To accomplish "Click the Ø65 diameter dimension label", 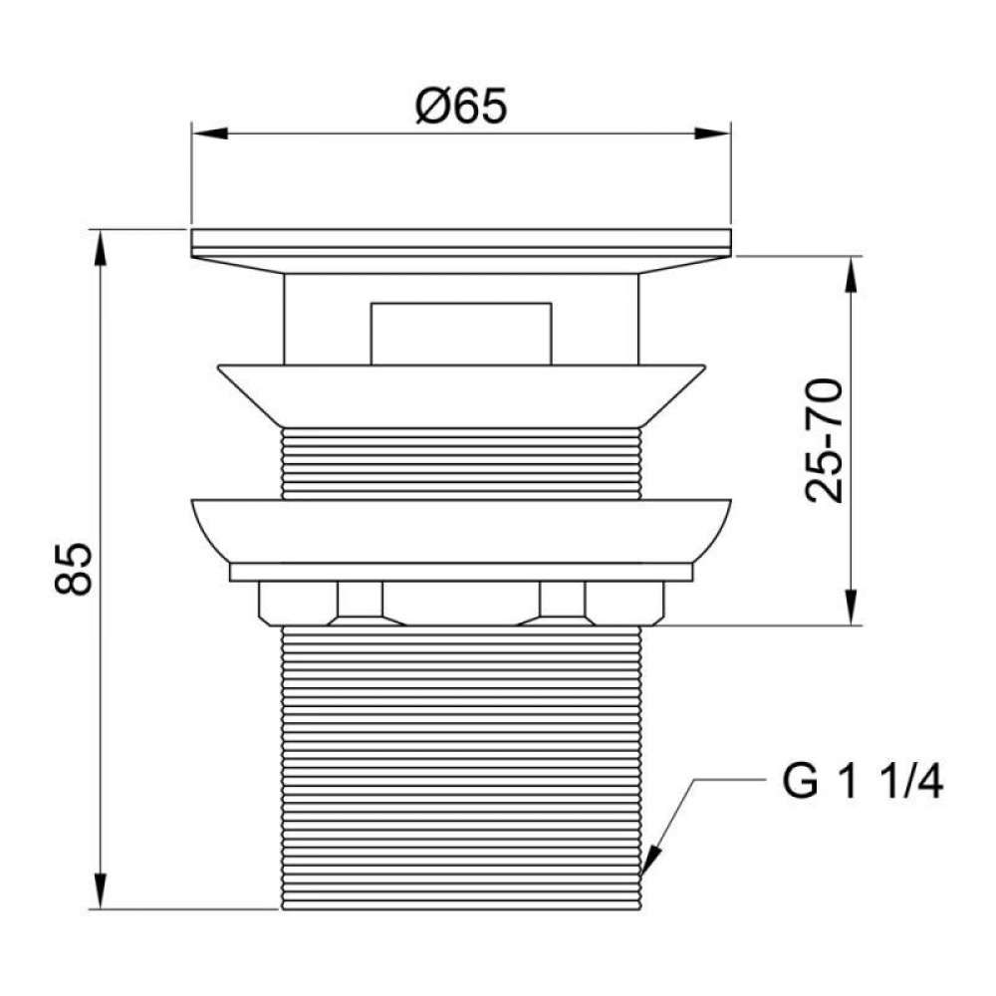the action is (x=461, y=106).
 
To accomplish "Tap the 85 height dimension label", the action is (x=74, y=568).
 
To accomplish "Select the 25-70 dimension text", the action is (x=824, y=440).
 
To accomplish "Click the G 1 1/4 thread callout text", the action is (x=862, y=782).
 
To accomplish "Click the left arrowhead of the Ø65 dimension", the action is (x=209, y=133).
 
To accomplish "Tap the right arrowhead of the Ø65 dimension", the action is (x=713, y=133).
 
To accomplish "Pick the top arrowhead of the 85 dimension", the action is (x=100, y=248).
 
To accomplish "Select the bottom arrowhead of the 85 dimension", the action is (x=100, y=891).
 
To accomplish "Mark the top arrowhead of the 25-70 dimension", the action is (x=852, y=275).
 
